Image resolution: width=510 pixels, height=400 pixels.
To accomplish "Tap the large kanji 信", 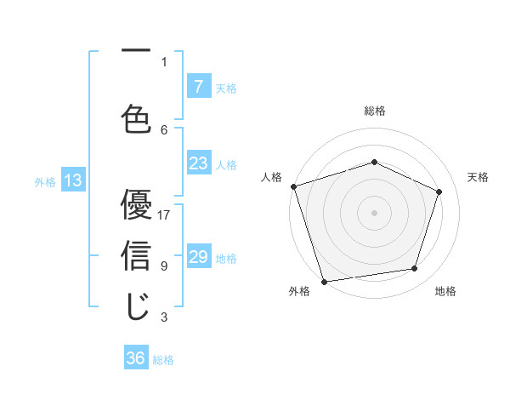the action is coord(136,256).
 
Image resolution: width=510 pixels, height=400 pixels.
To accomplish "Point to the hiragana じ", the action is coord(136,306).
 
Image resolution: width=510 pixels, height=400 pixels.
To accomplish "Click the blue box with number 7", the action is coord(198,86).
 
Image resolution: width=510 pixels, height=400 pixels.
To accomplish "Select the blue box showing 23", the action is coord(198,163).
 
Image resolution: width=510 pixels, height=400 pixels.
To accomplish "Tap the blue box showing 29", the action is coord(198,257).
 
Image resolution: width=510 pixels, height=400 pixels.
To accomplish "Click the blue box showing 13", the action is coord(72,180).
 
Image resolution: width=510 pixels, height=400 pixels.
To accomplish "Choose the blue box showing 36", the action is coord(136,358).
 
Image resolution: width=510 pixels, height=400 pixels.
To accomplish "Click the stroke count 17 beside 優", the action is coord(164,214).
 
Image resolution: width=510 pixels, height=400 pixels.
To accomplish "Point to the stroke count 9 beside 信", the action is coord(164,266).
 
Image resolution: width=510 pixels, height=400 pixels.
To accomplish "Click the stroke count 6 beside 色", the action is coord(164,129).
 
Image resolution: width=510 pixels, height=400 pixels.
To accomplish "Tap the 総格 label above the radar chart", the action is coord(374,111).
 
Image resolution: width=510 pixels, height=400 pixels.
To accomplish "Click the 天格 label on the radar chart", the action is coord(478,177).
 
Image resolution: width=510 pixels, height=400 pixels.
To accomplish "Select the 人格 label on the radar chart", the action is coord(271,177).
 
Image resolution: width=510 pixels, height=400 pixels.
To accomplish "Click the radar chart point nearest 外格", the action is coord(324,281).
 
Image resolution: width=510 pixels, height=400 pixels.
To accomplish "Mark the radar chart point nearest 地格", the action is coord(415,269).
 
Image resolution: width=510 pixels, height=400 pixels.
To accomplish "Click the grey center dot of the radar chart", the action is coord(374,212).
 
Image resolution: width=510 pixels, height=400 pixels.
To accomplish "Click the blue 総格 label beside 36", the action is coord(163,360).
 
